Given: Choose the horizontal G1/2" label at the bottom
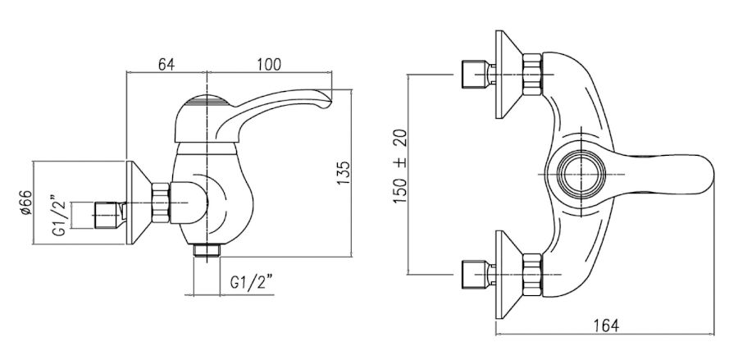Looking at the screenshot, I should pos(252,283).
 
